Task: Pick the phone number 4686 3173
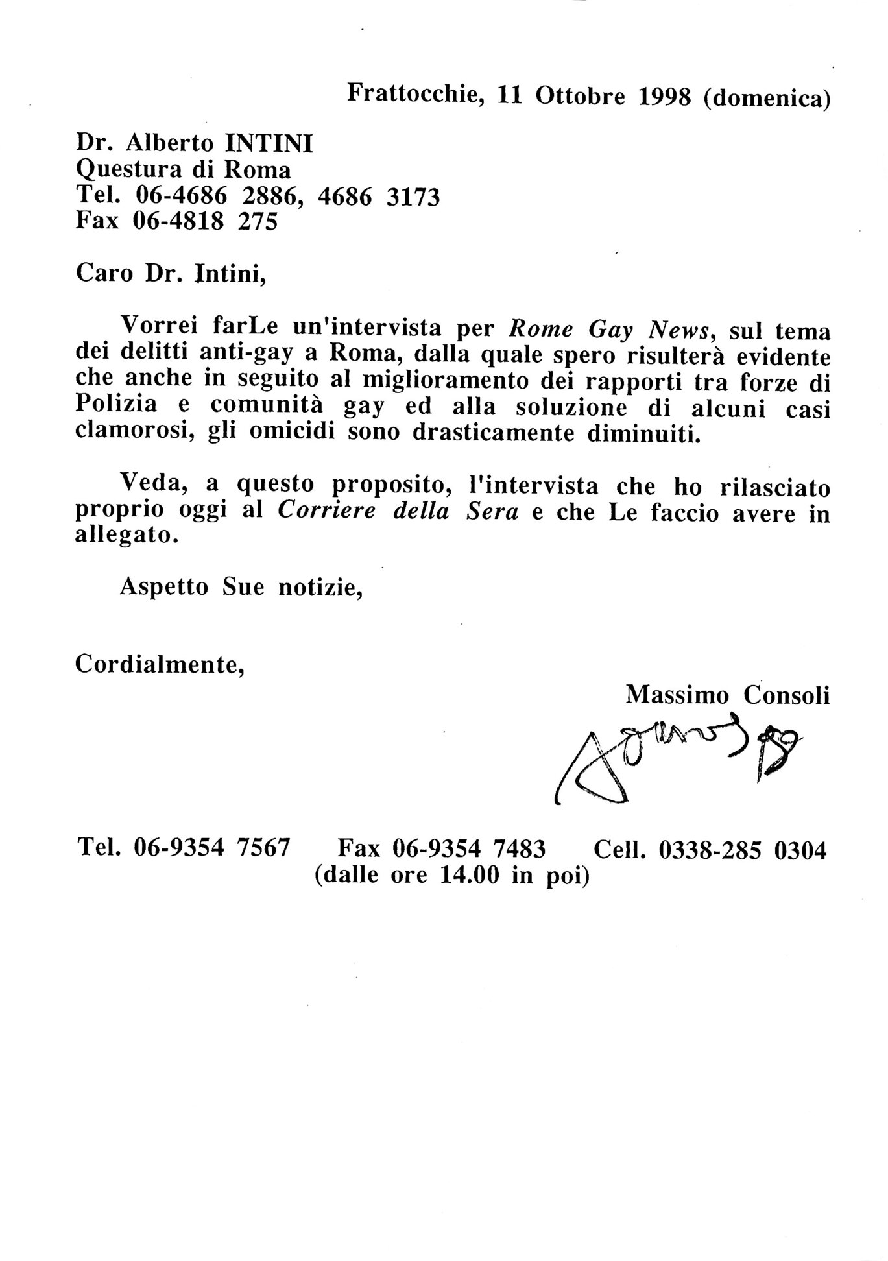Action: point(379,197)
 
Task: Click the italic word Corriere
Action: point(329,511)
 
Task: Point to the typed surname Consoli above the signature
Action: point(786,695)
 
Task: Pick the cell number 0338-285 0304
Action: point(743,849)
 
